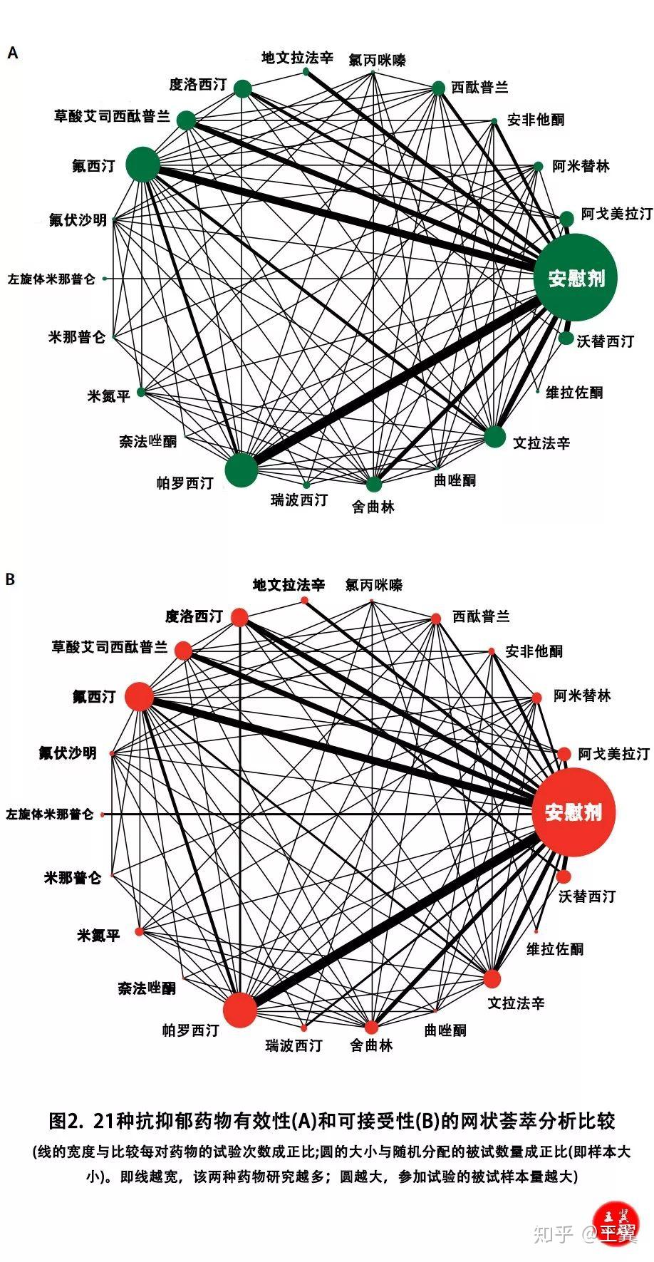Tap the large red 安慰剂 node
click(573, 812)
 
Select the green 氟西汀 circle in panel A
click(143, 165)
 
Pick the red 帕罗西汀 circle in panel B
click(239, 1010)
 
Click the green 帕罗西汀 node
click(241, 470)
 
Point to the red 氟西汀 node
click(140, 697)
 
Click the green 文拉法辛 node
click(494, 437)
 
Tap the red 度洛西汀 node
click(239, 617)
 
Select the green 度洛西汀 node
click(243, 89)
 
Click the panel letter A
click(12, 53)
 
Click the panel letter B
click(10, 579)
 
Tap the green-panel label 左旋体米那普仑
click(51, 279)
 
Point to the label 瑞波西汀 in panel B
click(294, 1045)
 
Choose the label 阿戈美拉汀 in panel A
click(616, 214)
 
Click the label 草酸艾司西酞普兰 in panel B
click(110, 647)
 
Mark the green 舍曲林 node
click(374, 485)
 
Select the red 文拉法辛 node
click(492, 978)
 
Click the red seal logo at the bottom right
click(618, 1225)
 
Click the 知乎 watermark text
click(553, 1234)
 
